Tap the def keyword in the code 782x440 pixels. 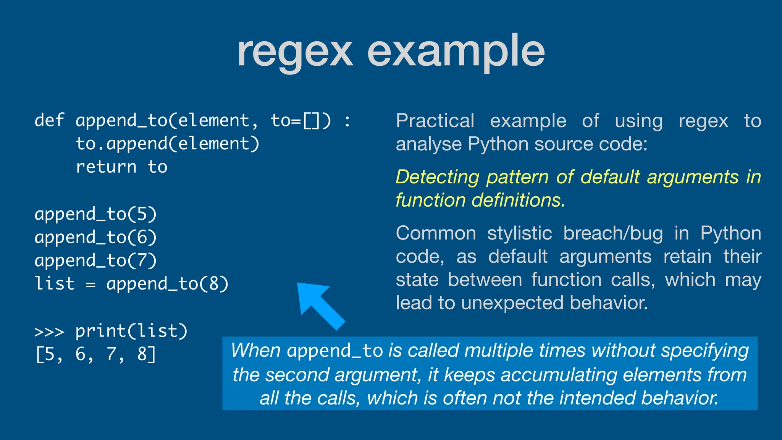pos(49,120)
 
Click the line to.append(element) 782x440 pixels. pos(167,144)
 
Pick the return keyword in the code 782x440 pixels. pos(106,167)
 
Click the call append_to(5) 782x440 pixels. pos(95,214)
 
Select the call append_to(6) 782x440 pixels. pos(95,237)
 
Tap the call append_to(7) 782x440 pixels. pos(95,260)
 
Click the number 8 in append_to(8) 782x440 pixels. pos(213,284)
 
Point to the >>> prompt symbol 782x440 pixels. pos(49,332)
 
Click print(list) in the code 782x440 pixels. pos(131,331)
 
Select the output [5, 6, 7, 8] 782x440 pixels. pos(95,354)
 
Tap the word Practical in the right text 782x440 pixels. pos(435,121)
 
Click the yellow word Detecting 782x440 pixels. pos(437,177)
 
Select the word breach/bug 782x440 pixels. pos(613,233)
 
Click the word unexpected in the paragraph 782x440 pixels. pos(512,303)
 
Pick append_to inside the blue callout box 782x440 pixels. pos(335,351)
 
